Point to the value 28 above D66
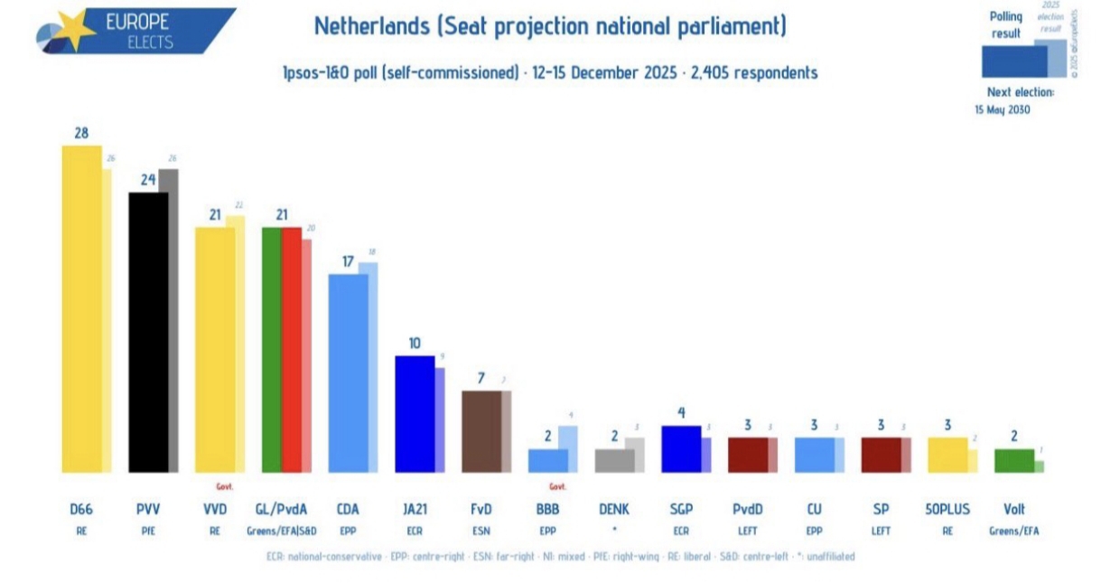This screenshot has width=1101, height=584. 81,133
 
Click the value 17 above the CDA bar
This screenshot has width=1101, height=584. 348,261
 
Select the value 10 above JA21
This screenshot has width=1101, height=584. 415,344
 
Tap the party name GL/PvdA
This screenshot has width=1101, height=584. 281,510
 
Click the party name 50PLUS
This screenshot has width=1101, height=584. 947,510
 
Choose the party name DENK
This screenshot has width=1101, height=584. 614,510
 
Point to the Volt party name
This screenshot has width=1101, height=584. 1014,510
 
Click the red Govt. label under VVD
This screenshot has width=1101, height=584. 225,486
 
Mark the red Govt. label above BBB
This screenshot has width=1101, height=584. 558,486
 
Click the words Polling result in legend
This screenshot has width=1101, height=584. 1005,24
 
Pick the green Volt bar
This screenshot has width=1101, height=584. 1013,460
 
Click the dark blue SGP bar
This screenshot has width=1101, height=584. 681,448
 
